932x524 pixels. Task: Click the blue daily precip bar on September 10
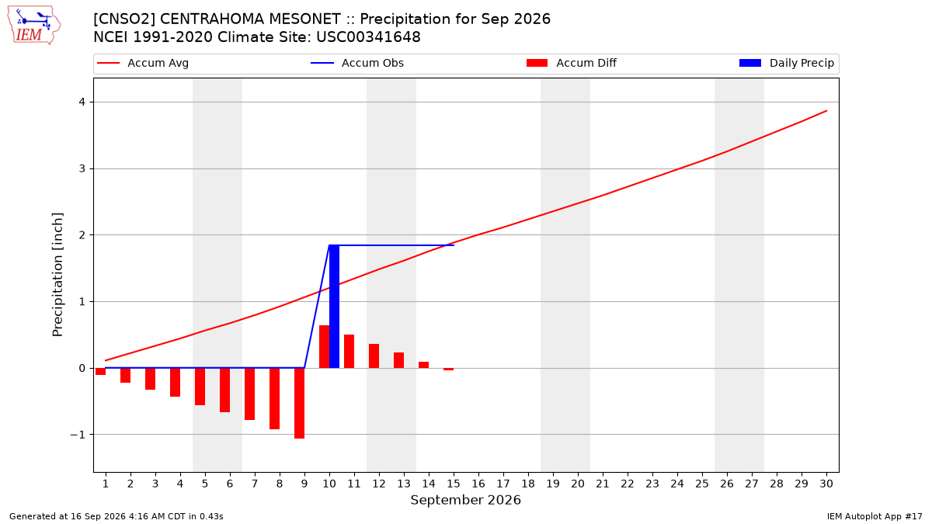click(334, 307)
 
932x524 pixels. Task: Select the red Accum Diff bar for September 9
click(299, 403)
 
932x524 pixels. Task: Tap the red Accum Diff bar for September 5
click(200, 387)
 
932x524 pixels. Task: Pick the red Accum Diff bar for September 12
click(374, 356)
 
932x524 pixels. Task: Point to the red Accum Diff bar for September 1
click(100, 371)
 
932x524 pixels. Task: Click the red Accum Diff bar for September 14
click(423, 365)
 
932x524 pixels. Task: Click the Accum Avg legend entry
click(143, 63)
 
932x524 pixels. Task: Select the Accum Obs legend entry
click(357, 63)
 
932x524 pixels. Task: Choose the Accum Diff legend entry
click(572, 63)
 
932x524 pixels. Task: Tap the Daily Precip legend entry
click(786, 63)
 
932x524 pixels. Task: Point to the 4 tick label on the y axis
click(82, 102)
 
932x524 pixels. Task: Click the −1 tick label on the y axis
click(78, 435)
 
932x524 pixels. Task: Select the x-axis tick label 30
click(826, 484)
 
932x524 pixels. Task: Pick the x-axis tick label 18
click(528, 484)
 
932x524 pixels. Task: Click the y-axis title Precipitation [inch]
click(57, 275)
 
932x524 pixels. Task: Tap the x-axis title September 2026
click(465, 500)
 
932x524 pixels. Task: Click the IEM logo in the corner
click(34, 26)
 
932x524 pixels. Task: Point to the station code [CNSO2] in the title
click(124, 19)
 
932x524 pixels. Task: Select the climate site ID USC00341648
click(368, 37)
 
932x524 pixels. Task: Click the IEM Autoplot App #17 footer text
click(875, 516)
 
